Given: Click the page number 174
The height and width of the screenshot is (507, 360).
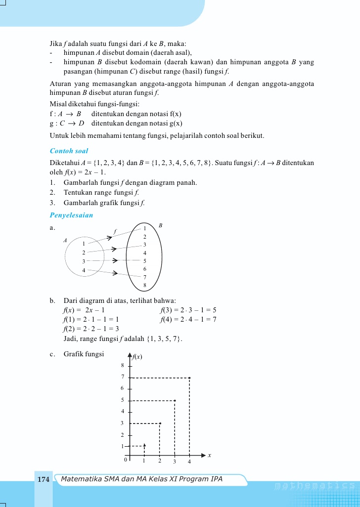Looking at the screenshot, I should [x=44, y=479].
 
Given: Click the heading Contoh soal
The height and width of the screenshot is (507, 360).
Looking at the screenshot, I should [x=69, y=151].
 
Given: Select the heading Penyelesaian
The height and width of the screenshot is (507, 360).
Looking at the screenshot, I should [x=72, y=215].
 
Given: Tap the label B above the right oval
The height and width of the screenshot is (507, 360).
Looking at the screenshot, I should [x=160, y=225].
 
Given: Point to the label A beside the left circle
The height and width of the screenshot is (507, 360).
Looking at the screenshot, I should [x=64, y=240].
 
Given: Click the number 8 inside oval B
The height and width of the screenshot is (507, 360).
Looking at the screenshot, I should [x=145, y=286].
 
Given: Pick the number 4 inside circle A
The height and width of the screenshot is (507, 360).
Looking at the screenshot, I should [x=84, y=270].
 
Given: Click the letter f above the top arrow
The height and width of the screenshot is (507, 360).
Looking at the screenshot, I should [x=115, y=231].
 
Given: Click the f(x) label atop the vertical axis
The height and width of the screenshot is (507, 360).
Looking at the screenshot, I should [x=137, y=356].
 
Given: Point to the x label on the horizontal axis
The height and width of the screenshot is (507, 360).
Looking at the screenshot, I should [x=209, y=455].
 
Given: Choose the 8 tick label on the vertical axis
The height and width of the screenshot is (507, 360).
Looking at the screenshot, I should [x=122, y=366].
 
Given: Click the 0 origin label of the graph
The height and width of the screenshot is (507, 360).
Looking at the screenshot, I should [x=126, y=460].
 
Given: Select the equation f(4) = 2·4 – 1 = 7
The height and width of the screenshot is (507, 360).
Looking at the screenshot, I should [x=188, y=319].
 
